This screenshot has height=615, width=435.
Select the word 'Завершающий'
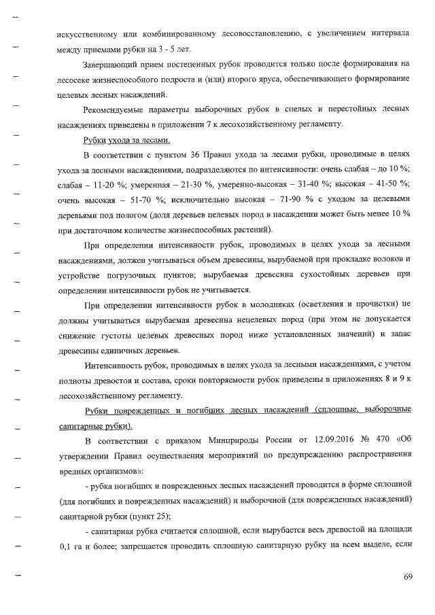114,65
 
